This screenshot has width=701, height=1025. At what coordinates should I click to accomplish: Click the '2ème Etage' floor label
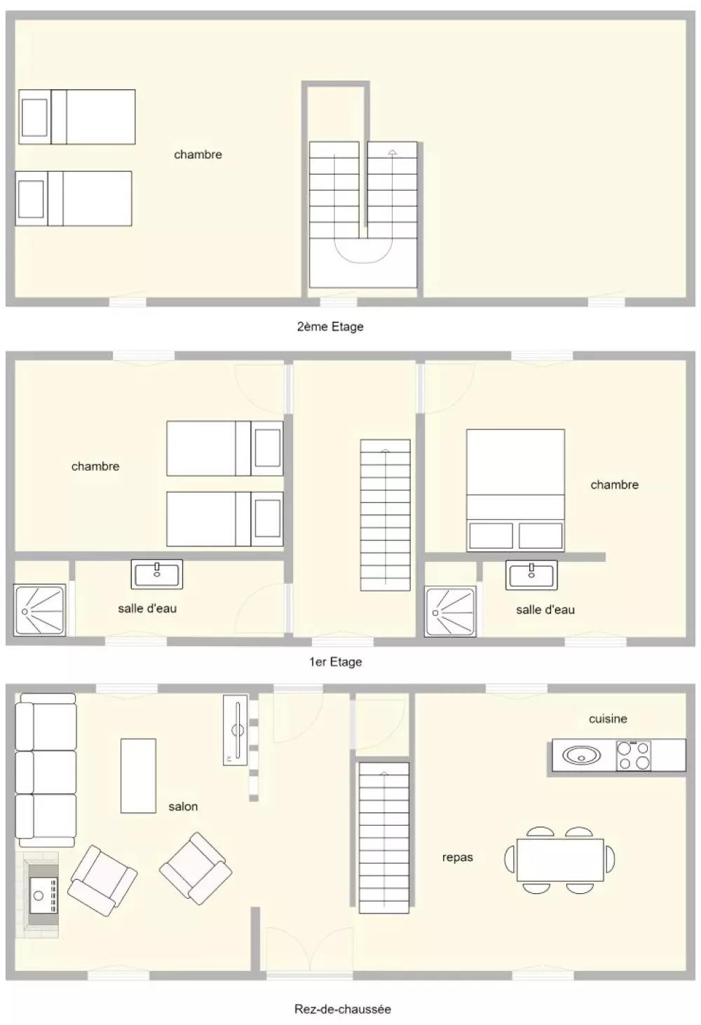pos(330,327)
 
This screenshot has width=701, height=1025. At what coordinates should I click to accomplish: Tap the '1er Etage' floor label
pos(336,662)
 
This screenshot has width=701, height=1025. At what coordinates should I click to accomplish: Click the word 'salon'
pos(183,806)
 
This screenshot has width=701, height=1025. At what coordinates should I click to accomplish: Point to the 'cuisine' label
pos(608,718)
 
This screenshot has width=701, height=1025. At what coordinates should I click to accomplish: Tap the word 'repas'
pos(457,857)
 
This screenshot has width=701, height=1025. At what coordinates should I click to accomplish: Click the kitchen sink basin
pos(581,756)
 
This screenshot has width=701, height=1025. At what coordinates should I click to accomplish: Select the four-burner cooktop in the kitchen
pos(633,755)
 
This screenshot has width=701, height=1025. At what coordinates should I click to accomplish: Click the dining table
pos(560,859)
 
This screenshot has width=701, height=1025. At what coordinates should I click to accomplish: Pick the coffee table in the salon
pos(138,776)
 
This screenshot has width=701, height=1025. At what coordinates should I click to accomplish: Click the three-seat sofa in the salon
pos(46,770)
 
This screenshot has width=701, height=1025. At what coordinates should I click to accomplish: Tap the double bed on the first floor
pos(515,490)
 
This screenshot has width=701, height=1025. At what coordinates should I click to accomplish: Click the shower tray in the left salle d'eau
pos(40,610)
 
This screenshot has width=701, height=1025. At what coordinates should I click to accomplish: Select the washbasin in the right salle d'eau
pos(531,575)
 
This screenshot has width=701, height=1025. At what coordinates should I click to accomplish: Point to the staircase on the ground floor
pos(384,838)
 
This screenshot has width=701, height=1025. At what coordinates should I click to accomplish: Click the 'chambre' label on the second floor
pos(198,154)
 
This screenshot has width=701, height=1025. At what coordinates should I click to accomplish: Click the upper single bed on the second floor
pos(77,116)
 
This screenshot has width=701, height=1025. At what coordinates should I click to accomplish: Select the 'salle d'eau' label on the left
pos(147,608)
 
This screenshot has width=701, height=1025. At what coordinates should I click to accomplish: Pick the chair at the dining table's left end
pos(510,859)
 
